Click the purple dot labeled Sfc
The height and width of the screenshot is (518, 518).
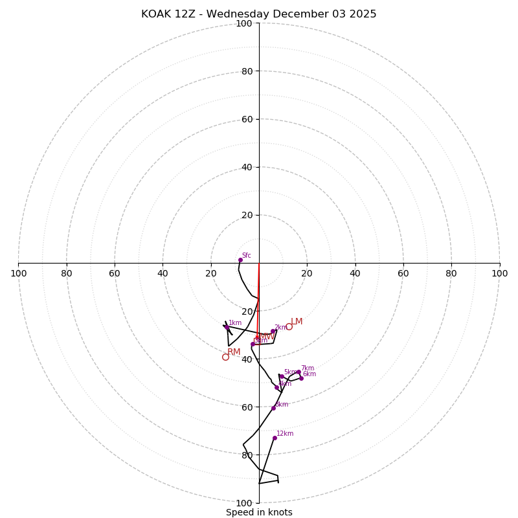[x=240, y=260]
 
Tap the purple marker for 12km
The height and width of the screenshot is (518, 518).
[x=275, y=438]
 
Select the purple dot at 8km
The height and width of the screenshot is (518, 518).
[x=273, y=408]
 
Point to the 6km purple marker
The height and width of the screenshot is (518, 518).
[x=301, y=378]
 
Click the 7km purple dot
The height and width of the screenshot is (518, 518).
[x=298, y=372]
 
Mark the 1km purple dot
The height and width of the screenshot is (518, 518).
[x=226, y=327]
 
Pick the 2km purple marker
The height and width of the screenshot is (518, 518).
[x=273, y=332]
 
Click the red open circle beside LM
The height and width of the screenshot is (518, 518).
[x=289, y=326]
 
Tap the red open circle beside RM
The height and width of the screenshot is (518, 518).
[x=225, y=357]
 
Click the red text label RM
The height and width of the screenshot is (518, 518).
[x=234, y=352]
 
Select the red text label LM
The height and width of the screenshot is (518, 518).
[x=297, y=322]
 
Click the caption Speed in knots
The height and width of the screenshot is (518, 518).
[x=259, y=512]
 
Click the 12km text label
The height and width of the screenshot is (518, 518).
[x=285, y=434]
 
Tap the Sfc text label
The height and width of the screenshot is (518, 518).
[x=246, y=256]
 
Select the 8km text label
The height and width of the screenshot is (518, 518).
[x=282, y=405]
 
